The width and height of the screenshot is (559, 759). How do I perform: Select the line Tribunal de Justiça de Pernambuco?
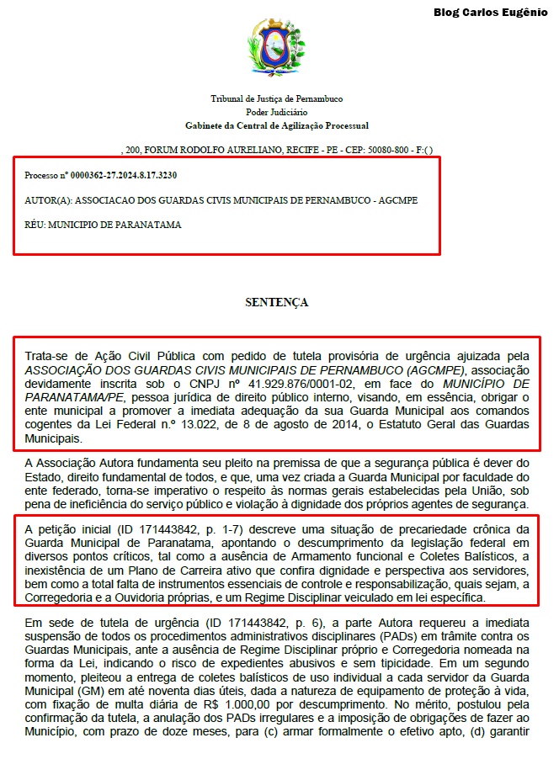[277, 99]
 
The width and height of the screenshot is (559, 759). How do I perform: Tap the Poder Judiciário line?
[277, 112]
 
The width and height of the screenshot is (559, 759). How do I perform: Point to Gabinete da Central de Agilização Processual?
[277, 125]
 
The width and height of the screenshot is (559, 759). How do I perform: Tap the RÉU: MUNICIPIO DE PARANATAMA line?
[103, 225]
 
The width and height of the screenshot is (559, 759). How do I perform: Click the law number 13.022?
[252, 425]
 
